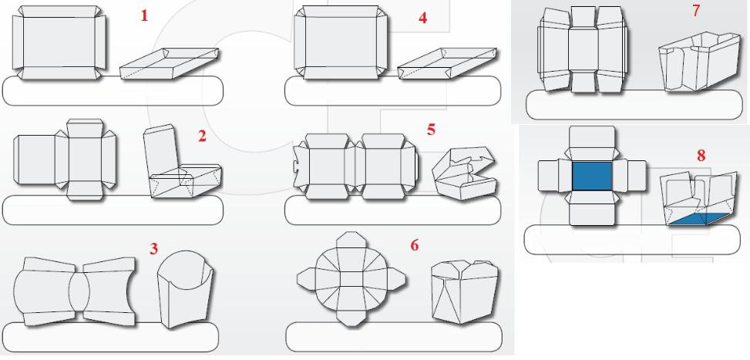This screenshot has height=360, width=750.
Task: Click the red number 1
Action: coord(144,15)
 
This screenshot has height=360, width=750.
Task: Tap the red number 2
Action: coord(202,136)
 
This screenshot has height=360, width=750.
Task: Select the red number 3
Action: coord(153,248)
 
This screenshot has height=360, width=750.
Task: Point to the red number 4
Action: coord(422,19)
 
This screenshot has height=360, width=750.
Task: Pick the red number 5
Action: coord(432,130)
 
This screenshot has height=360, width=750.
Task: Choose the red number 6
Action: coord(414,245)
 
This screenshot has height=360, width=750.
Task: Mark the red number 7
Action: coord(697,11)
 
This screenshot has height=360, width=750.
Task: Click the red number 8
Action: coord(701,156)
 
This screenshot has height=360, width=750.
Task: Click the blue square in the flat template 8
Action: coord(592,176)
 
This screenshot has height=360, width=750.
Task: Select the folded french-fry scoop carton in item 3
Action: coord(186,289)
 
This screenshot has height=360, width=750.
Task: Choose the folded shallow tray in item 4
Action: coord(447,63)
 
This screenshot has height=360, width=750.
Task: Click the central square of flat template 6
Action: coord(351,278)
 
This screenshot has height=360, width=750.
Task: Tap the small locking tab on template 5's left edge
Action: coord(295,167)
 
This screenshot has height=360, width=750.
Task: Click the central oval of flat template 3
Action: coord(79,291)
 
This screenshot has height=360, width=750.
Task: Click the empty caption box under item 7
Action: coord(634,105)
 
